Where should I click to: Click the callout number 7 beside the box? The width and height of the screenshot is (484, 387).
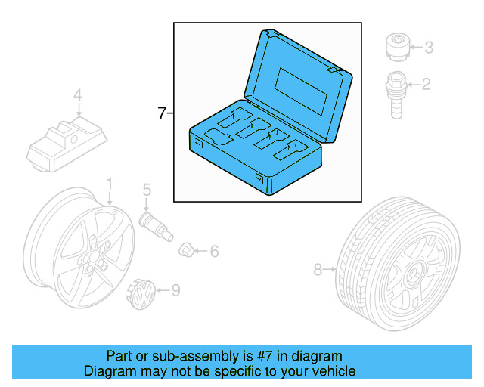161,114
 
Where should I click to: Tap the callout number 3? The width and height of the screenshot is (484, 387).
428,48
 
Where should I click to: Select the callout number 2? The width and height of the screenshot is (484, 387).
426,84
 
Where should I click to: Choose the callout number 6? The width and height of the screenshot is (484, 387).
214,250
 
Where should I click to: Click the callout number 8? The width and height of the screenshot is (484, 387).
318,268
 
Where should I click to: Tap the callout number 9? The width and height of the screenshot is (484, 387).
175,289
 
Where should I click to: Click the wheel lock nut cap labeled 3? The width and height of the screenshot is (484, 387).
396,46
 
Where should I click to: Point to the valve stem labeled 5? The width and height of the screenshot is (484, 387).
150,222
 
